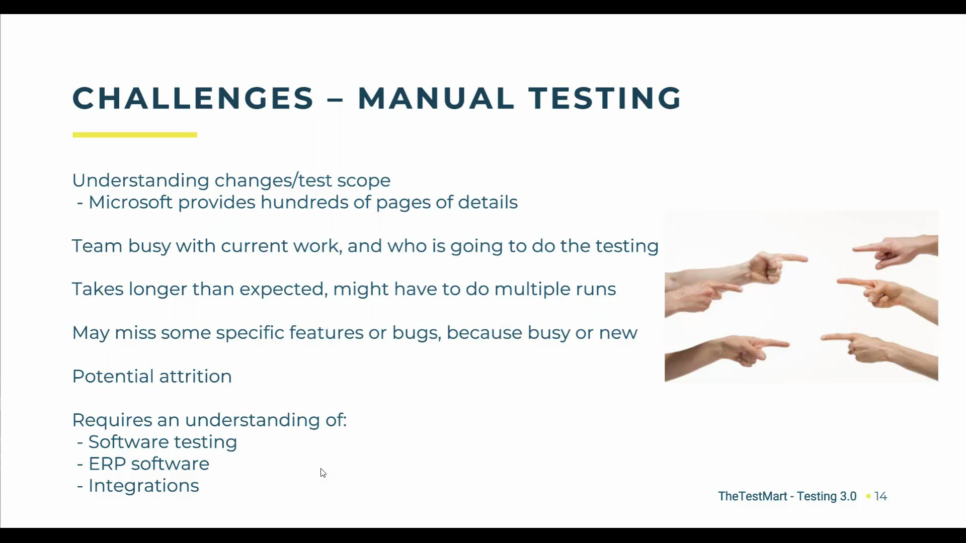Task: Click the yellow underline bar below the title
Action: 135,135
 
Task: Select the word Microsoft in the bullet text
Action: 131,202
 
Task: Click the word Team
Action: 97,246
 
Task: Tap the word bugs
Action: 416,333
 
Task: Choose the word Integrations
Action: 143,486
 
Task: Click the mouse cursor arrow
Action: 323,473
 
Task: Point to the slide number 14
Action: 880,496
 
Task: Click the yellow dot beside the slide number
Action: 868,496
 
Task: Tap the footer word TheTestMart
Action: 752,496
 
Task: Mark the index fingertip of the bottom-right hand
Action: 824,338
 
